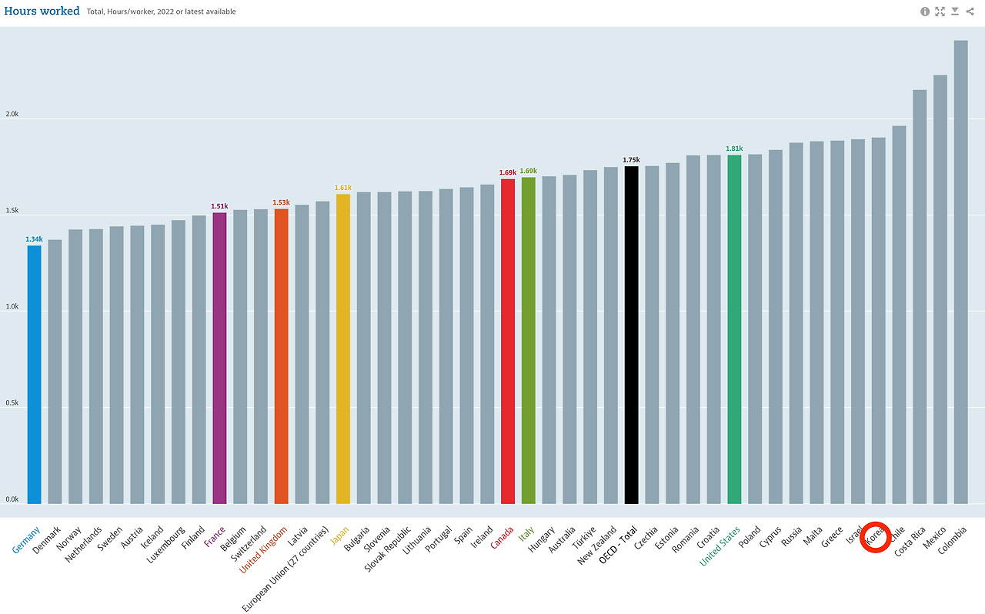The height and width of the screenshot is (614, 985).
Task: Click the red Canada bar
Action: click(507, 342)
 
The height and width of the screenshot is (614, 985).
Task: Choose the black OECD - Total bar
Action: click(631, 335)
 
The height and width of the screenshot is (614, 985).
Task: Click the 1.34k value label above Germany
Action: click(34, 239)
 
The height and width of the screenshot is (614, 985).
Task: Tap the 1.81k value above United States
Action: click(734, 148)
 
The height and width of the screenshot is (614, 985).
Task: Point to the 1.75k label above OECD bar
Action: click(631, 160)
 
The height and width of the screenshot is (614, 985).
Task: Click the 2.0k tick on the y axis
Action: click(12, 115)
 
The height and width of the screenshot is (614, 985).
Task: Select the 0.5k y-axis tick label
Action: click(12, 403)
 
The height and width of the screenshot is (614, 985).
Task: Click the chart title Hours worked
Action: click(42, 12)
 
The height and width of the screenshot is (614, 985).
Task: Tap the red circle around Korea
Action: click(876, 536)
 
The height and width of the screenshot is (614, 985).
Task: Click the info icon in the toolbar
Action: click(925, 12)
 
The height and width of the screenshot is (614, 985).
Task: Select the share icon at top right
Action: click(971, 12)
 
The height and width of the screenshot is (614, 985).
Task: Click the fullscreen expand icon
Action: click(940, 12)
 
